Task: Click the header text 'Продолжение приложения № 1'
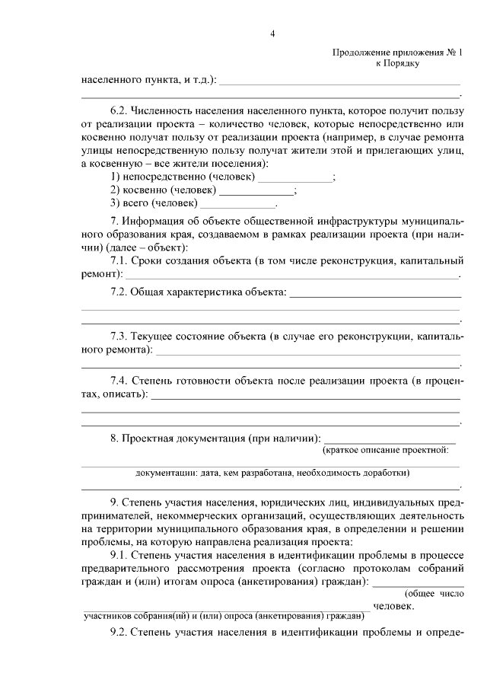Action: pos(397,53)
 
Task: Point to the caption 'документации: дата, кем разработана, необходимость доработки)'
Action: pos(272,473)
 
